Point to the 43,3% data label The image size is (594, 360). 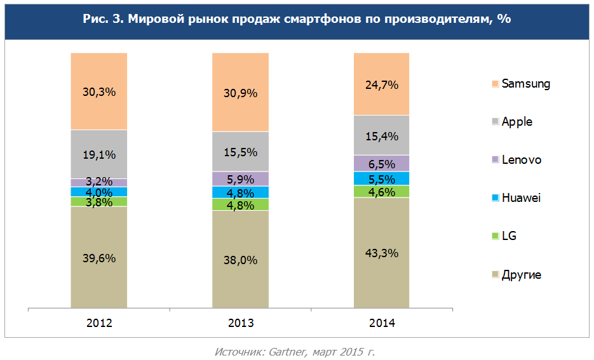[x=382, y=253]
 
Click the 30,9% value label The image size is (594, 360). [x=240, y=93]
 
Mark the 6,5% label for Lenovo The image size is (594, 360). [x=382, y=164]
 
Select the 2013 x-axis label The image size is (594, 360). [x=240, y=323]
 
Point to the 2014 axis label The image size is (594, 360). [x=382, y=323]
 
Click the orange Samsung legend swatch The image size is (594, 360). [x=494, y=84]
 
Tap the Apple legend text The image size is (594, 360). [x=516, y=122]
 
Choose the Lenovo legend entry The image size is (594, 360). [x=521, y=160]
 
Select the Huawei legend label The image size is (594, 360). [x=520, y=198]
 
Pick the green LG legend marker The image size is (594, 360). [x=494, y=237]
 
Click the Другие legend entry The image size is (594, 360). [x=521, y=275]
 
